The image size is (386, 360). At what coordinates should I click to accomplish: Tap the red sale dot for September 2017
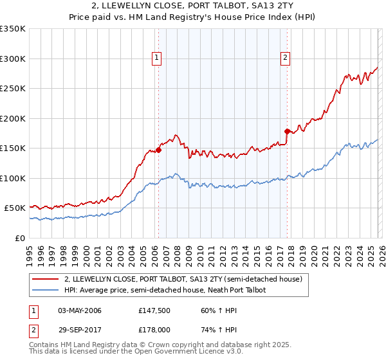pyautogui.click(x=287, y=131)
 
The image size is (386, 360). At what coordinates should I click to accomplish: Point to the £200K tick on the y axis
pyautogui.click(x=13, y=118)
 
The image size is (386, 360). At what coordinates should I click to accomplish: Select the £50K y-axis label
pyautogui.click(x=15, y=208)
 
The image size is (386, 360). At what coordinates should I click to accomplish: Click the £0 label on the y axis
pyautogui.click(x=20, y=238)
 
